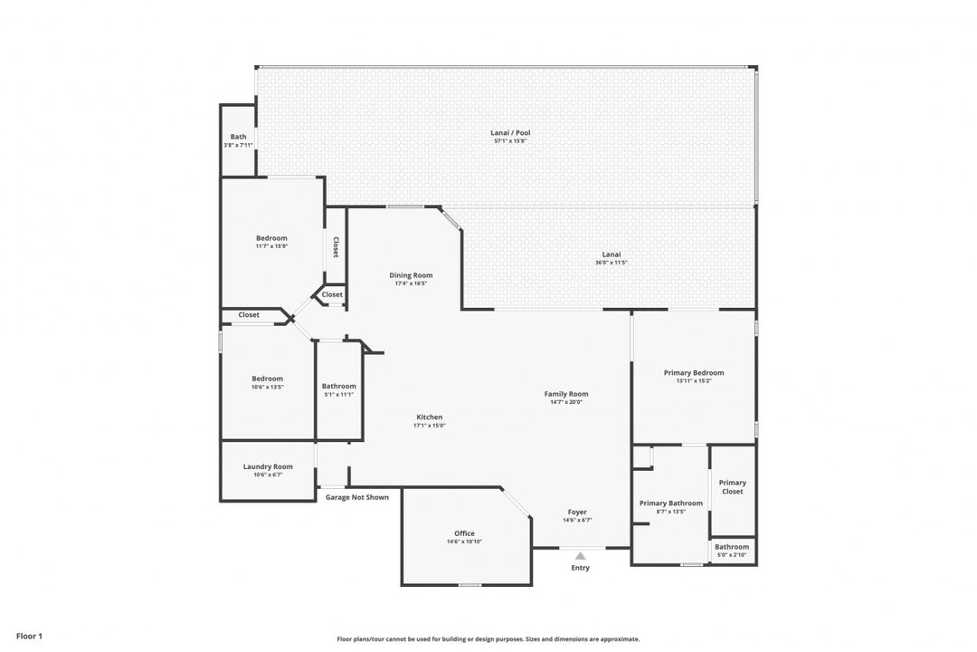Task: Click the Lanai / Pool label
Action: pyautogui.click(x=511, y=132)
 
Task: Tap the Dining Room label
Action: pyautogui.click(x=411, y=275)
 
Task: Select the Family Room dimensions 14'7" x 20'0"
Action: pyautogui.click(x=566, y=402)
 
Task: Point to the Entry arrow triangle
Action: pyautogui.click(x=580, y=555)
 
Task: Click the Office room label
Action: pyautogui.click(x=464, y=533)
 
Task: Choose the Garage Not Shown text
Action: pyautogui.click(x=357, y=497)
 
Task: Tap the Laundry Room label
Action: pyautogui.click(x=268, y=466)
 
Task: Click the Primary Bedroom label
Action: pyautogui.click(x=694, y=372)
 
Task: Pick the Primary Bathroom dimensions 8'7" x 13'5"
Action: pyautogui.click(x=670, y=512)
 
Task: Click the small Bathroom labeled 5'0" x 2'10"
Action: pyautogui.click(x=732, y=547)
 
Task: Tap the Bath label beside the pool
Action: pyautogui.click(x=238, y=137)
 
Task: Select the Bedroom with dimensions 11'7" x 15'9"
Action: pyautogui.click(x=270, y=238)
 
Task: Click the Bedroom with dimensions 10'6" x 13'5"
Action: pyautogui.click(x=267, y=379)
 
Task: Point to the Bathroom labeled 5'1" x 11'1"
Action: pyautogui.click(x=339, y=386)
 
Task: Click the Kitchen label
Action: pyautogui.click(x=429, y=417)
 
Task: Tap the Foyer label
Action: pyautogui.click(x=577, y=512)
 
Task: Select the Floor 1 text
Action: pyautogui.click(x=29, y=637)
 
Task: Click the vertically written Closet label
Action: pyautogui.click(x=336, y=247)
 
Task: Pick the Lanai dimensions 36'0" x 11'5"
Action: pyautogui.click(x=612, y=263)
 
